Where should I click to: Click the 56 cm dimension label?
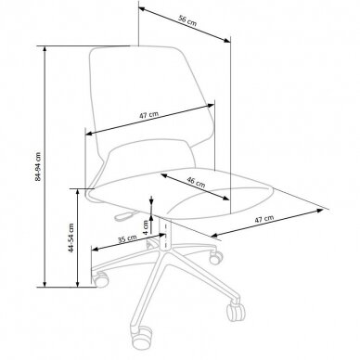click(187, 20)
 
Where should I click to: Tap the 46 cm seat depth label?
click(196, 182)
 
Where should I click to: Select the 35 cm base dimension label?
click(127, 239)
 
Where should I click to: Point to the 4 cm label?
click(146, 227)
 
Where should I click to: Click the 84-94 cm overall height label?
click(38, 166)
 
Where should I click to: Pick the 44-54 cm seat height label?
click(71, 238)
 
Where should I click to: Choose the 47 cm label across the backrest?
click(148, 115)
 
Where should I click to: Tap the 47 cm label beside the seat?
click(264, 219)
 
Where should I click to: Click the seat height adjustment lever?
click(125, 215)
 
